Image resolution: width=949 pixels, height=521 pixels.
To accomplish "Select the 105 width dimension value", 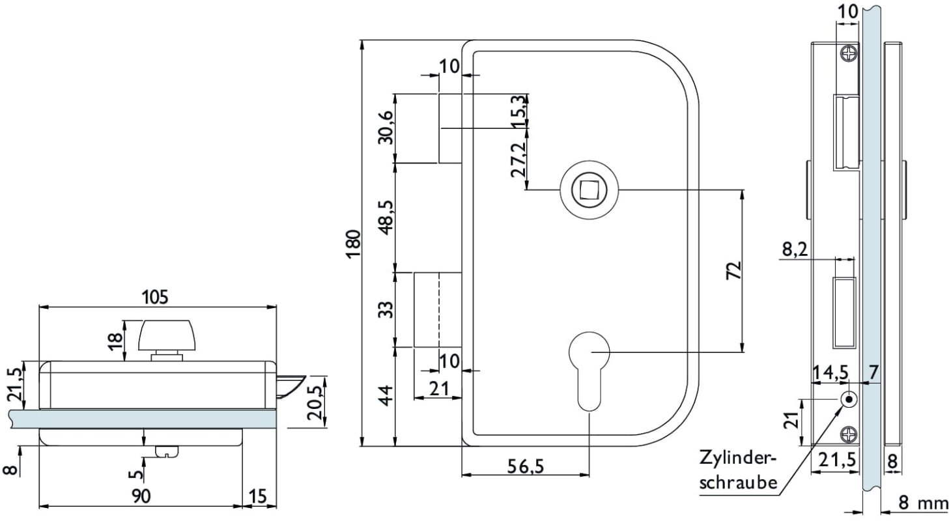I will [x=156, y=297].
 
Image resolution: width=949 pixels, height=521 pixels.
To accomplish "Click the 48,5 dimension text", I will [x=386, y=216].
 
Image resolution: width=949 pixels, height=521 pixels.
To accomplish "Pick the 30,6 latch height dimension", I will [x=386, y=128].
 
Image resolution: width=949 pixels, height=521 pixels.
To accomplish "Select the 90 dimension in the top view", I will [x=141, y=496].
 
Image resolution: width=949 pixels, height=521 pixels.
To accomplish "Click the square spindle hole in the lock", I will [x=585, y=190].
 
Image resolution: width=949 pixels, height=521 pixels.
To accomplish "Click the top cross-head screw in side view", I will [x=849, y=54].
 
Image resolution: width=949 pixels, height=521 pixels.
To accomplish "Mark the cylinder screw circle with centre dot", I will [x=849, y=399].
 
